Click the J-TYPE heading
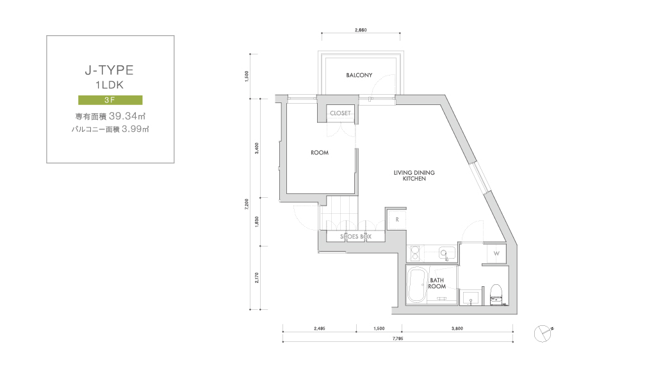point(110,70)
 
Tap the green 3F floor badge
point(110,100)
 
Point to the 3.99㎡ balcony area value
point(135,129)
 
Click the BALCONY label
point(359,75)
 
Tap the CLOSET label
point(340,113)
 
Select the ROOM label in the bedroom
point(320,152)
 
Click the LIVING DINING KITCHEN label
point(414,175)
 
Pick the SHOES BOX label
point(356,236)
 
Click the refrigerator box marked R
point(397,220)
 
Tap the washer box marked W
point(496,253)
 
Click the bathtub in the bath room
point(416,285)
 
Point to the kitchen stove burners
point(415,253)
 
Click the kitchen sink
point(446,253)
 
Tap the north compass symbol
point(543,333)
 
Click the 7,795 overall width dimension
point(398,339)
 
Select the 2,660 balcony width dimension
point(361,30)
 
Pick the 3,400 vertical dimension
point(257,148)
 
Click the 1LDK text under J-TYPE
point(110,85)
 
